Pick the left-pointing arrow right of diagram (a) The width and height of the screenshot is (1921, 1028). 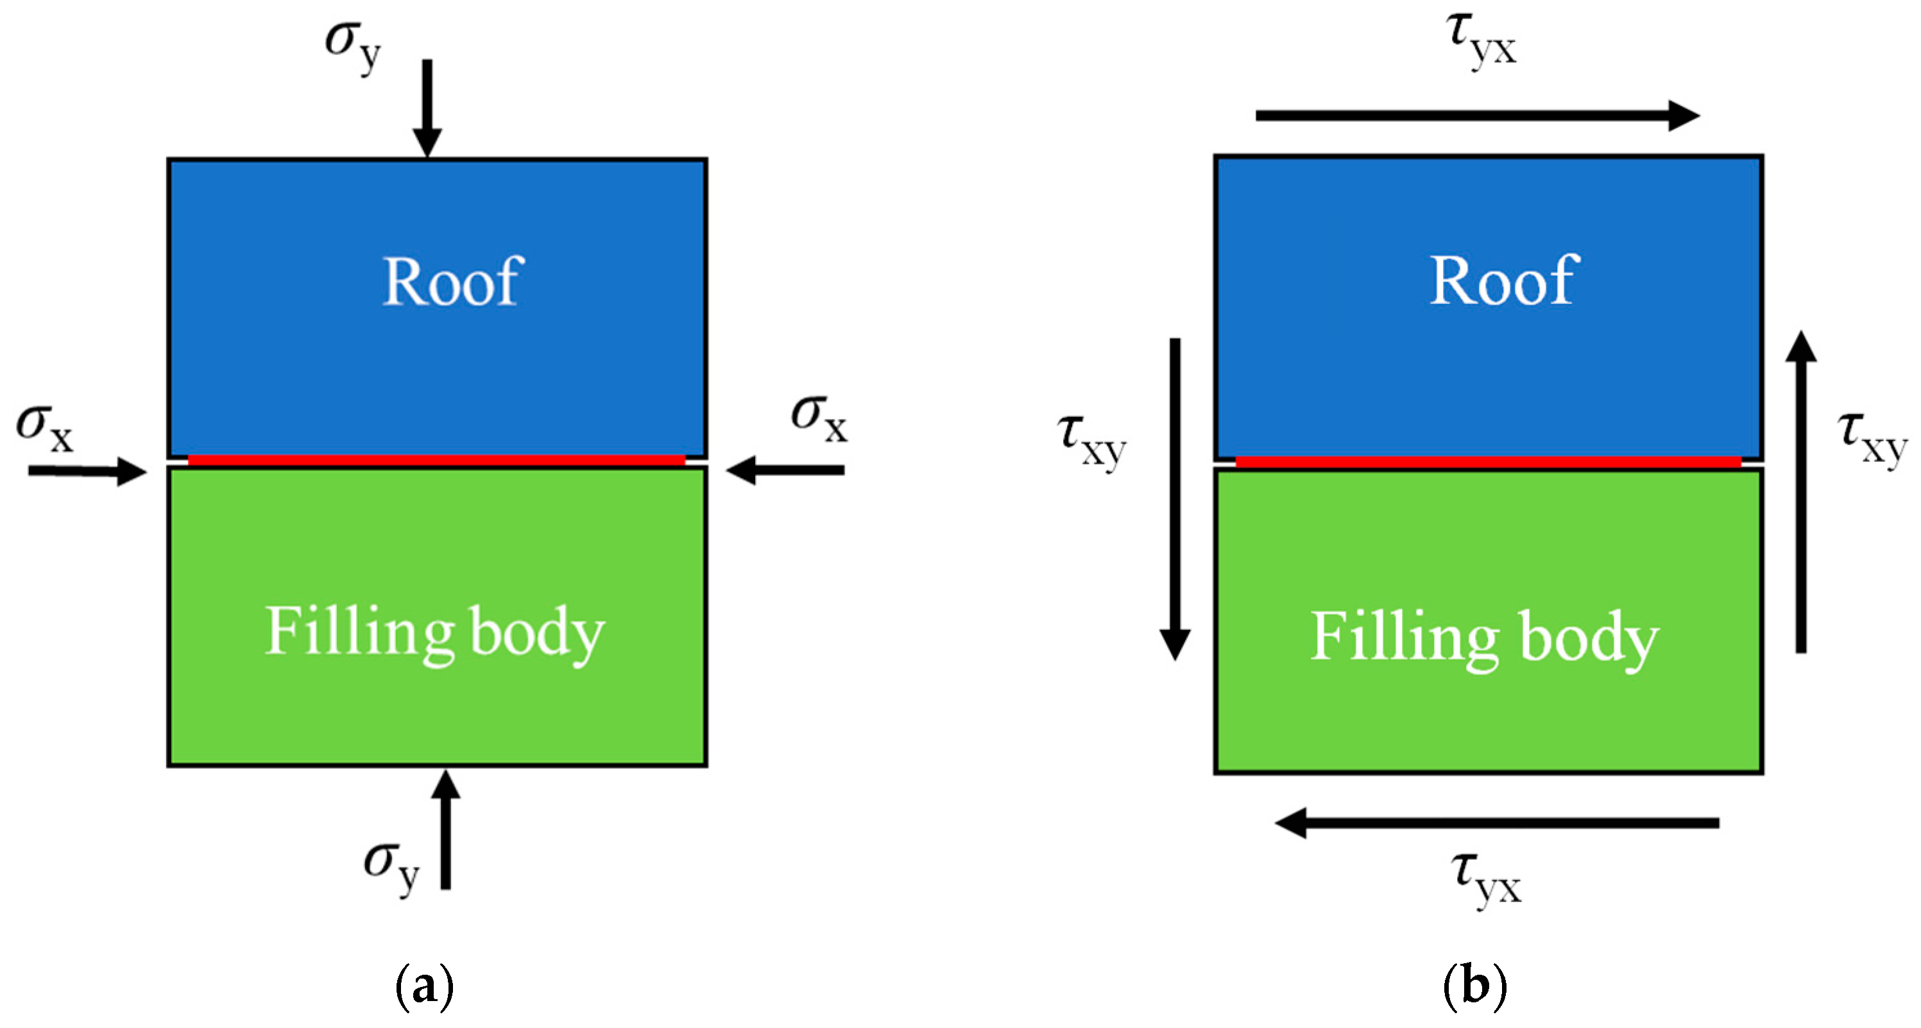point(785,470)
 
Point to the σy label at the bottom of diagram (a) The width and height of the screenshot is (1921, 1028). point(391,866)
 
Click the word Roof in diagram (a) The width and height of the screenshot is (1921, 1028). point(452,281)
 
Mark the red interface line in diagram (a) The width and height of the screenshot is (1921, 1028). point(436,460)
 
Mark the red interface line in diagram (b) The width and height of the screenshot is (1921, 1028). point(1488,462)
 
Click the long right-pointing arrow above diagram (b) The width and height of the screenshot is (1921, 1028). point(1476,115)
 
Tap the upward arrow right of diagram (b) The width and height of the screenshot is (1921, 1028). point(1800,492)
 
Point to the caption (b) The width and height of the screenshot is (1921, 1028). point(1474,986)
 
